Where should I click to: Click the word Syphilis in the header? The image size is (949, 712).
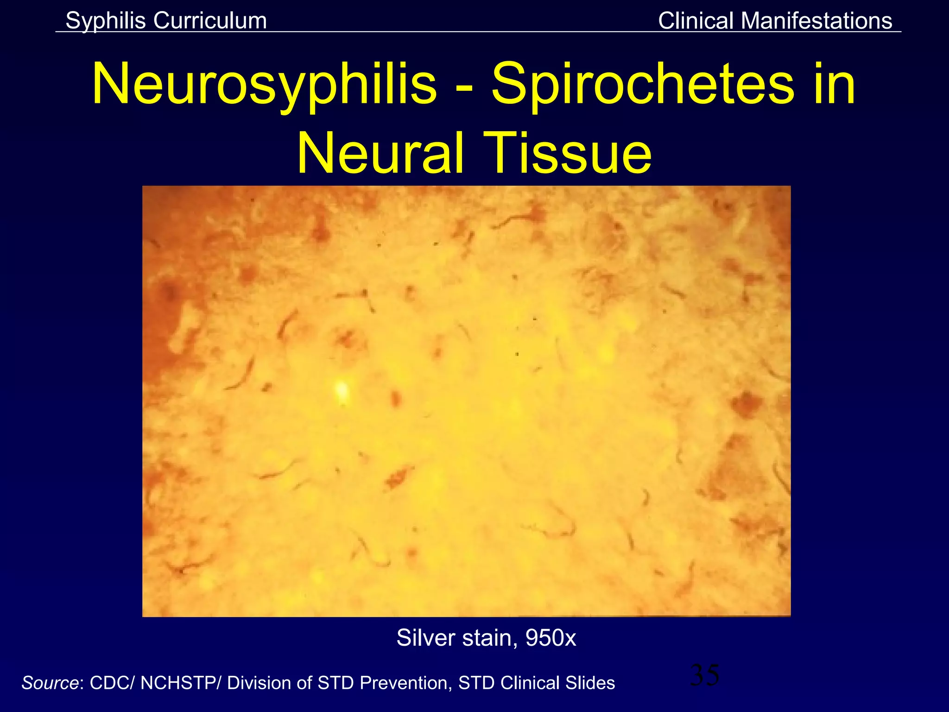click(x=106, y=21)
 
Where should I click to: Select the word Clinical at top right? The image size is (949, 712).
click(x=696, y=21)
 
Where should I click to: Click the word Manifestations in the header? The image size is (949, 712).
click(x=816, y=21)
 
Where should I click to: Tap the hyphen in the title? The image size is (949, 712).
click(x=464, y=88)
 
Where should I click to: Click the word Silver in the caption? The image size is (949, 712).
click(x=426, y=638)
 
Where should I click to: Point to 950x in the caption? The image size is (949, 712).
click(x=550, y=638)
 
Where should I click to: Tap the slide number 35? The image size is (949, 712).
click(x=704, y=675)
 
